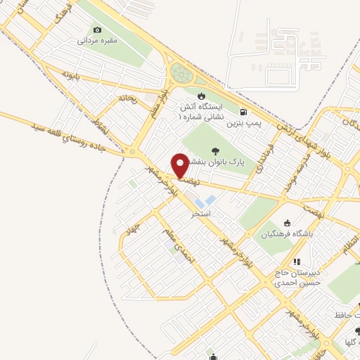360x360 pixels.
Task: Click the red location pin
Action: (x=181, y=165)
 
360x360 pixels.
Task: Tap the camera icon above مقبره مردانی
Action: (x=97, y=30)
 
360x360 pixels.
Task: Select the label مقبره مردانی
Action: (x=97, y=41)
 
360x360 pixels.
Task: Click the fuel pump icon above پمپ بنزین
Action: (x=243, y=112)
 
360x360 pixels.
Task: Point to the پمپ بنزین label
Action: (x=243, y=122)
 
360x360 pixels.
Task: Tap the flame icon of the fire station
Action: (x=202, y=96)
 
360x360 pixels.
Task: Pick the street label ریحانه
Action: (x=127, y=98)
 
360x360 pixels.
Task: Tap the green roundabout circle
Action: (x=181, y=73)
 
